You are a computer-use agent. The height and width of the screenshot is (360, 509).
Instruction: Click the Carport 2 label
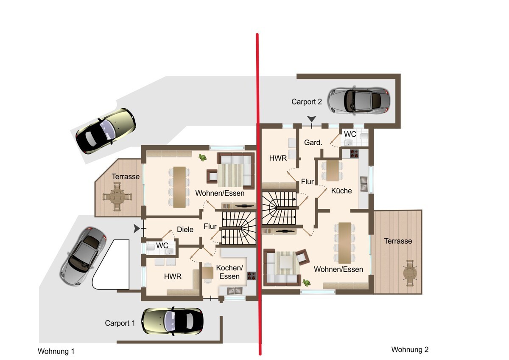tap(307, 101)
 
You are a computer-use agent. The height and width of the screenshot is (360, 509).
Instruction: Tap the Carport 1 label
tap(120, 323)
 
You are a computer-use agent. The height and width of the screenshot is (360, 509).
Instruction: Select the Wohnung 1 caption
tap(56, 351)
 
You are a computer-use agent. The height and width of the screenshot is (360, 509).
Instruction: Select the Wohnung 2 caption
tap(410, 349)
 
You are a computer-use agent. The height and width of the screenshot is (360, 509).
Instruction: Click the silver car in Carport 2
tap(359, 100)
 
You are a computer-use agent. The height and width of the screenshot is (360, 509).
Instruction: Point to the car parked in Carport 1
tap(172, 321)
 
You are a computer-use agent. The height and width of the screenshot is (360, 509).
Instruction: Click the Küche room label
tap(341, 191)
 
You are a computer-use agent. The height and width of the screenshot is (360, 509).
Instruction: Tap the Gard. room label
tap(313, 143)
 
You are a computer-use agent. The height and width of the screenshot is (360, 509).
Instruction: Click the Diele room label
tap(185, 230)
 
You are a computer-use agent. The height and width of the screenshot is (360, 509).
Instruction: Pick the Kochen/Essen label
tap(229, 272)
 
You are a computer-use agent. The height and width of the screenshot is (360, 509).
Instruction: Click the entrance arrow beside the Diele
tap(137, 228)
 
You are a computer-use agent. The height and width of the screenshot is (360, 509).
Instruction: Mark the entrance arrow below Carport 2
tap(311, 119)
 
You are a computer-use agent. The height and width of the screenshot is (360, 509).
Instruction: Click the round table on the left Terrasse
tap(117, 197)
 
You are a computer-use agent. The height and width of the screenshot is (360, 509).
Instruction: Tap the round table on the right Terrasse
tap(410, 273)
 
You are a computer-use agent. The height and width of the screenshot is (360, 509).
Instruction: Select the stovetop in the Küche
tap(354, 154)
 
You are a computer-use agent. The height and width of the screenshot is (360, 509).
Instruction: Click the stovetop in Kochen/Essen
tap(252, 276)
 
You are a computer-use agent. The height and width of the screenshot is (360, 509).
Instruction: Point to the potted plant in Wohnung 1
tap(202, 157)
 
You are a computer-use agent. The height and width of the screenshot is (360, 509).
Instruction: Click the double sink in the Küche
tap(364, 184)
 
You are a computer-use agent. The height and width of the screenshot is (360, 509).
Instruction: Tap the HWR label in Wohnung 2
tap(278, 158)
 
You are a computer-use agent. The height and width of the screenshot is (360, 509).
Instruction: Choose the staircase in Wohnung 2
tap(279, 208)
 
